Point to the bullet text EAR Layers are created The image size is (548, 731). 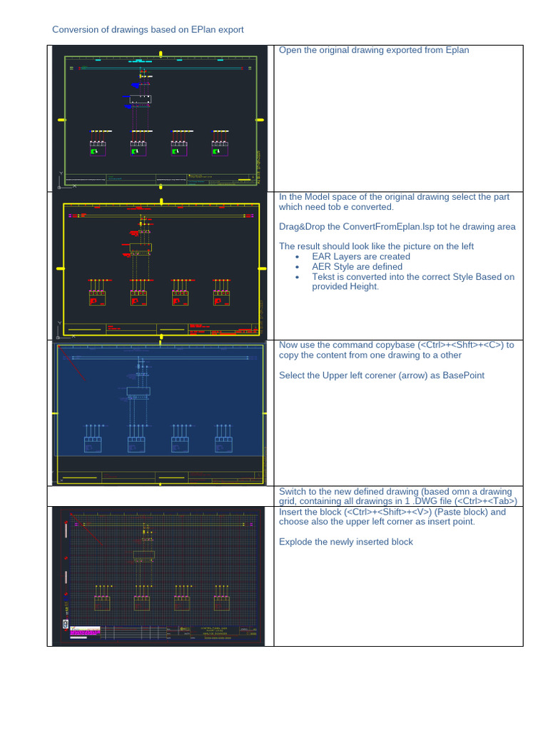[360, 256]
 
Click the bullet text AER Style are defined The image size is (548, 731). [357, 266]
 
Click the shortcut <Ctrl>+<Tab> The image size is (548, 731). [493, 501]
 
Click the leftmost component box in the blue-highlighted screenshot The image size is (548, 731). [93, 445]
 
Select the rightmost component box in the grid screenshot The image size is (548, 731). [222, 603]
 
